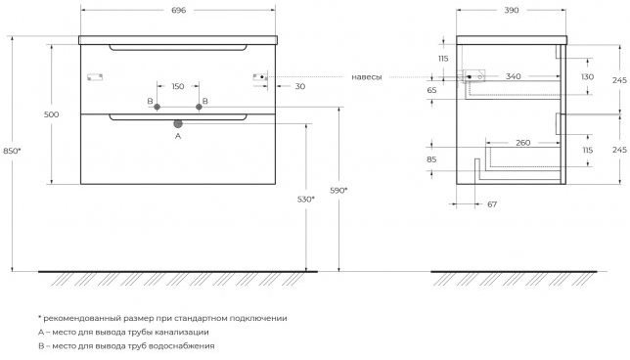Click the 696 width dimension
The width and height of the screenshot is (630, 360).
tap(178, 11)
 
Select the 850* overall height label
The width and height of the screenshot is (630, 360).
tap(12, 151)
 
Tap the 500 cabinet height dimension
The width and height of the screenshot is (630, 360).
tap(52, 114)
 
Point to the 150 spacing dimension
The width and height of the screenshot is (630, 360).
tap(178, 86)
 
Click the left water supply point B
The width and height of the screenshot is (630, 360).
tap(157, 107)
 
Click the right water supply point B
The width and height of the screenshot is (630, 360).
tap(199, 107)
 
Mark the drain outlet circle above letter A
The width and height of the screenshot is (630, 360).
tap(178, 123)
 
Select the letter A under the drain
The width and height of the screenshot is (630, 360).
tap(178, 136)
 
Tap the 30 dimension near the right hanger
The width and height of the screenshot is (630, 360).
tap(300, 86)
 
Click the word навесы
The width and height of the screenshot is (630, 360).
tap(367, 77)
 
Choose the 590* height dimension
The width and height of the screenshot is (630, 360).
tap(338, 191)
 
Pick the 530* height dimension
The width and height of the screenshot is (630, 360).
tap(306, 199)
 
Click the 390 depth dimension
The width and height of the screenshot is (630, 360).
tap(511, 11)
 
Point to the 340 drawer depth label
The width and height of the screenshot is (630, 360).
tap(513, 76)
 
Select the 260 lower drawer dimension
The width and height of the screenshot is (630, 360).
tap(522, 143)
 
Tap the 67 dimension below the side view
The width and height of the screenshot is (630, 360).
tap(492, 204)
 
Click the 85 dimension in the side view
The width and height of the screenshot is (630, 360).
tap(431, 159)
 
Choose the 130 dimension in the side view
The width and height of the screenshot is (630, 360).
tap(587, 76)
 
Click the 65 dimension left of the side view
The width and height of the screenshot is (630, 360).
tap(431, 90)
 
